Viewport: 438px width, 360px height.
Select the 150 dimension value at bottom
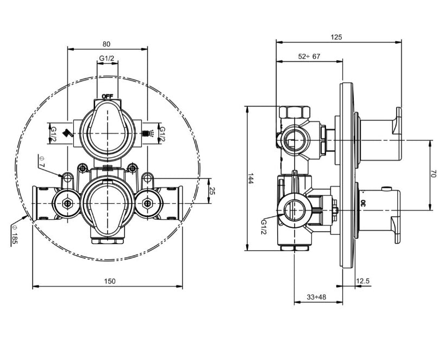point(110,281)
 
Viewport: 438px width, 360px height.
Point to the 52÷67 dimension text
point(309,56)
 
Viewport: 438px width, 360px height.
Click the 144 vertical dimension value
point(251,179)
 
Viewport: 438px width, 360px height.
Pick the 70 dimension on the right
point(433,174)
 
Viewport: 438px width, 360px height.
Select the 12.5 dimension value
point(363,281)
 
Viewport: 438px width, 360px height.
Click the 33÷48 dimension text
point(316,297)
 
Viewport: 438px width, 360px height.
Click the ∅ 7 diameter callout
point(42,161)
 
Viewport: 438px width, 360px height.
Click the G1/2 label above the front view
point(107,58)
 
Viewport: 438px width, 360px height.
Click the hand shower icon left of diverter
point(67,132)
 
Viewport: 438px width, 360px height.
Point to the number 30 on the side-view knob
point(363,202)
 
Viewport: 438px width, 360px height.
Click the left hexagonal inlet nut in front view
point(67,204)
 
